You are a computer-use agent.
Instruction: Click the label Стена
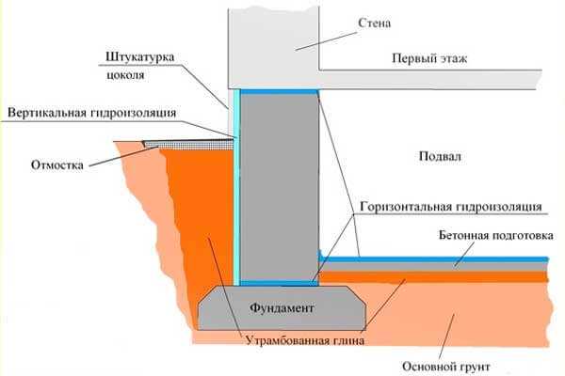pyautogui.click(x=374, y=23)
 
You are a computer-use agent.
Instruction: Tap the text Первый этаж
pyautogui.click(x=429, y=58)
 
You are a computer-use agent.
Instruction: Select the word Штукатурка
pyautogui.click(x=140, y=57)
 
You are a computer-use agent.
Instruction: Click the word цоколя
pyautogui.click(x=125, y=75)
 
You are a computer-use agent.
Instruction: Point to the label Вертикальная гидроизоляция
pyautogui.click(x=92, y=113)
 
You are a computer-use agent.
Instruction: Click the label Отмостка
pyautogui.click(x=56, y=165)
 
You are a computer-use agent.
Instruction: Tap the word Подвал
pyautogui.click(x=440, y=157)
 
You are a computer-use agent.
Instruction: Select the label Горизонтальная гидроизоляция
pyautogui.click(x=451, y=207)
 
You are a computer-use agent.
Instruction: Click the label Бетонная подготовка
pyautogui.click(x=496, y=236)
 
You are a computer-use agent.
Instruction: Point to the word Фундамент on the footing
pyautogui.click(x=282, y=308)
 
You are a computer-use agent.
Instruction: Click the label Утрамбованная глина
pyautogui.click(x=305, y=340)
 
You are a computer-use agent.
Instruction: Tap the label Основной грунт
pyautogui.click(x=446, y=367)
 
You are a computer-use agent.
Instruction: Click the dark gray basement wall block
pyautogui.click(x=280, y=187)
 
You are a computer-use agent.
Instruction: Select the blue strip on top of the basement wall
pyautogui.click(x=279, y=92)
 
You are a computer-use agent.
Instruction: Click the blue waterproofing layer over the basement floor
pyautogui.click(x=434, y=259)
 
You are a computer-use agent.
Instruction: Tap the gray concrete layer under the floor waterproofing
pyautogui.click(x=434, y=266)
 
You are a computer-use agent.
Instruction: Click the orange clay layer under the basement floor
pyautogui.click(x=434, y=276)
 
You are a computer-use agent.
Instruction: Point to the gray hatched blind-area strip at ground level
pyautogui.click(x=189, y=144)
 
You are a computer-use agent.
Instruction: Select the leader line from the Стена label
pyautogui.click(x=326, y=41)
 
